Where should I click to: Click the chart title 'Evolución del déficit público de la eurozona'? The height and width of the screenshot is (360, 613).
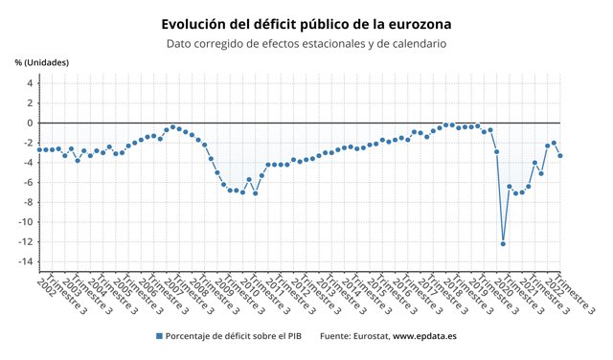(x=306, y=22)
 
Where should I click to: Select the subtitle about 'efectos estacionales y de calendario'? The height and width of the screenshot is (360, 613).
(x=306, y=43)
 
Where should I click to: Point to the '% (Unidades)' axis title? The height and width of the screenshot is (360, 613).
(x=41, y=63)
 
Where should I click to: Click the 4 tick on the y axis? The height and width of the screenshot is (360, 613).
(x=30, y=83)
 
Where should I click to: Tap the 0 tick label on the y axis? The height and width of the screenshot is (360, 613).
(x=30, y=123)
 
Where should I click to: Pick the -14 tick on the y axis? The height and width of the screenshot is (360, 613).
(x=27, y=261)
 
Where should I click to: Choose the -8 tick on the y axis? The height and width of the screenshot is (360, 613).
(x=29, y=202)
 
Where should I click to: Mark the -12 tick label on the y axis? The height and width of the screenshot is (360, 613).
(x=27, y=241)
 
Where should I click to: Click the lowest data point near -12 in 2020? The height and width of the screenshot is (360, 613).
(x=503, y=243)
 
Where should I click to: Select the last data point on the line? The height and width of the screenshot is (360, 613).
(x=560, y=155)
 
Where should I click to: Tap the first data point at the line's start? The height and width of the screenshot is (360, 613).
(x=39, y=149)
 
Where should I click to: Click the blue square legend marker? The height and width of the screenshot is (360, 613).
(x=158, y=336)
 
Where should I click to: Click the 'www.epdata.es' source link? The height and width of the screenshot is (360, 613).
(x=424, y=336)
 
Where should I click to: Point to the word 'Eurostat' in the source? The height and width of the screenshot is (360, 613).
(x=366, y=336)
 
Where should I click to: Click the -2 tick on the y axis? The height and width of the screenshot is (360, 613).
(x=29, y=143)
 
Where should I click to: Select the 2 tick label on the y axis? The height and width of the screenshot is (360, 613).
(x=30, y=102)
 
